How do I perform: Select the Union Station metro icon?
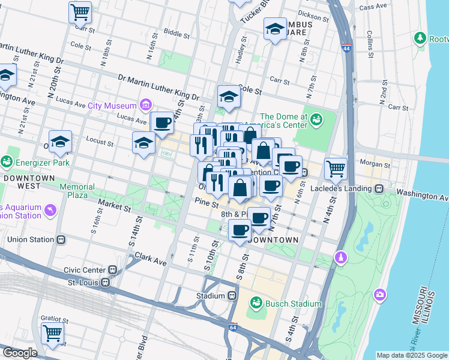[x=61, y=239]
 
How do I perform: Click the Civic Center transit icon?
[x=113, y=271]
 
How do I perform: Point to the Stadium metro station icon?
[x=232, y=296]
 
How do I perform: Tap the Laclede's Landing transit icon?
[x=379, y=188]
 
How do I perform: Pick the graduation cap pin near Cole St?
[x=229, y=95]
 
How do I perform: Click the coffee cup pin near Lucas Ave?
[x=162, y=123]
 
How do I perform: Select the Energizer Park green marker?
[x=7, y=161]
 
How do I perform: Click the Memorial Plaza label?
[x=76, y=191]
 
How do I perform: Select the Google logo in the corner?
[x=19, y=353]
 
